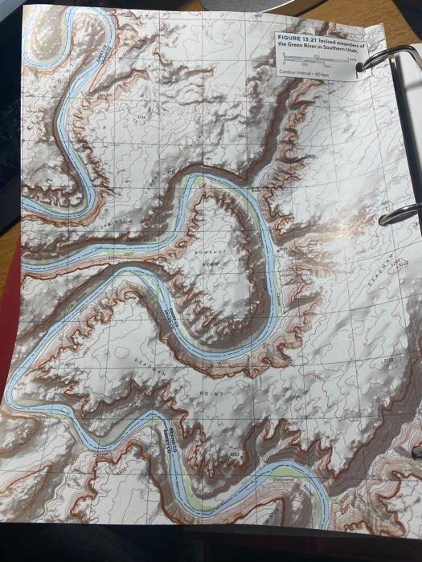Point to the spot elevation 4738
142,117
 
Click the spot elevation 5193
388,363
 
